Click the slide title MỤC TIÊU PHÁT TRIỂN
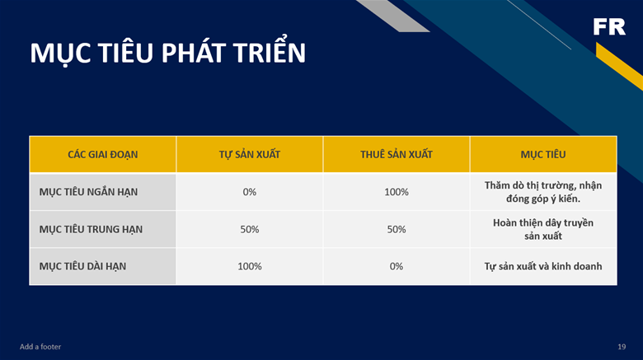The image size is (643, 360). pos(167,53)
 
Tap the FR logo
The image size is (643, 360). pos(609,26)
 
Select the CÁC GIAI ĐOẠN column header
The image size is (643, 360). pos(102,155)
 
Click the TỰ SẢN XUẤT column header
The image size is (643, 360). pos(249,155)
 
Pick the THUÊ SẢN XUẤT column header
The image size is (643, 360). pos(397,155)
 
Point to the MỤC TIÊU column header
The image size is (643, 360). pos(543,155)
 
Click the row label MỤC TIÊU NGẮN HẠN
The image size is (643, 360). pos(88,192)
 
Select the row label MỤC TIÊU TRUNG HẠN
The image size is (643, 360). pos(91,229)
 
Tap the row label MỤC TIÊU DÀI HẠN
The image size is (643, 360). pos(82,267)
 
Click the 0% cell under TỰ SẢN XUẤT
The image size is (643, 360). pos(249,192)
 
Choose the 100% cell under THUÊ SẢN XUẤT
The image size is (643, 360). pos(397,192)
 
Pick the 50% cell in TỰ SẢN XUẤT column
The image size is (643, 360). pos(249,229)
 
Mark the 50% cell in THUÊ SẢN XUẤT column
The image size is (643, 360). pos(397,229)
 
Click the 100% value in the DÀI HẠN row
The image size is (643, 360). pos(249,267)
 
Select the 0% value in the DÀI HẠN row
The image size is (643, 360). pos(397,267)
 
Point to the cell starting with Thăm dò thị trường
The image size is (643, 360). pos(543,192)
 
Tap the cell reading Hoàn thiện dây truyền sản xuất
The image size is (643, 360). pos(543,229)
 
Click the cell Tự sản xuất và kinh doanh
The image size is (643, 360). pos(543,267)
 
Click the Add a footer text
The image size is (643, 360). pos(40,347)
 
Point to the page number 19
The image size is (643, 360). pos(622,347)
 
